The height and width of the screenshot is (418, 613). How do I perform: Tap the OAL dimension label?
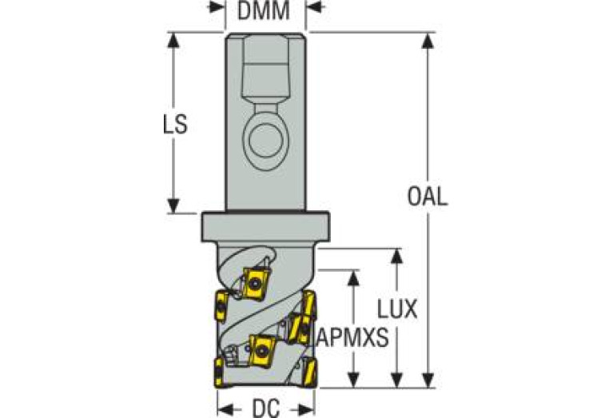tap(427, 196)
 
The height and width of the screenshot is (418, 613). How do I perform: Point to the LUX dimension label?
tap(397, 309)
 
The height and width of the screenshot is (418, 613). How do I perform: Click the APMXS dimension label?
tap(352, 337)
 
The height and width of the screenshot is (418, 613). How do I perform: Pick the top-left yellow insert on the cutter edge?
tap(218, 305)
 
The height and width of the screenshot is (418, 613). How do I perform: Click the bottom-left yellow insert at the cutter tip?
tap(218, 371)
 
